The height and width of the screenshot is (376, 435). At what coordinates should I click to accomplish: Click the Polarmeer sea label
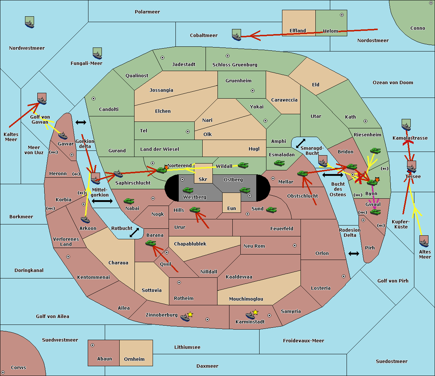coord(147,12)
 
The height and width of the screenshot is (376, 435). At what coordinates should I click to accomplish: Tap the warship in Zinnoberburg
coord(185,318)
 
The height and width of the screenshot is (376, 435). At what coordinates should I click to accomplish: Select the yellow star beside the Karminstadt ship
coord(255,312)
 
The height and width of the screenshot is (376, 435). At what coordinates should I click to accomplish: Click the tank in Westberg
coord(188,190)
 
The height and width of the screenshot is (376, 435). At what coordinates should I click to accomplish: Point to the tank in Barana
coord(150,243)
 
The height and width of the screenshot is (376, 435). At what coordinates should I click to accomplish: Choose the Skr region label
coord(203,179)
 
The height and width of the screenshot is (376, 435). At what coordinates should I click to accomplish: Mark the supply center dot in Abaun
coord(92,345)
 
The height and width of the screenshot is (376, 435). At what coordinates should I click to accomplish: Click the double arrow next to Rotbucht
coord(134,233)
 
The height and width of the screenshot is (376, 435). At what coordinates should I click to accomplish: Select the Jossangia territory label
coord(161,90)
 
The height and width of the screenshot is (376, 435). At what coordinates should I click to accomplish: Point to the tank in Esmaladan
coord(279,163)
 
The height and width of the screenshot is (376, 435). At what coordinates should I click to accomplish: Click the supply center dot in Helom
coord(342,15)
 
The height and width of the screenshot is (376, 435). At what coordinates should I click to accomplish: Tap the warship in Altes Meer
coord(424,241)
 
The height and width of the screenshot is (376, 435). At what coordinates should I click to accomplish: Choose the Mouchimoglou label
coord(246,299)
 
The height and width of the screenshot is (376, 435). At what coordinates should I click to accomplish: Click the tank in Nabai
coord(129,201)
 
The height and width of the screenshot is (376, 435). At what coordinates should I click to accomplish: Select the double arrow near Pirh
coord(354,254)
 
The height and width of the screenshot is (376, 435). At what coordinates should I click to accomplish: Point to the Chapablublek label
coord(190,244)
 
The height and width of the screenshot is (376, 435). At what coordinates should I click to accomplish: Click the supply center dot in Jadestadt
coord(162,58)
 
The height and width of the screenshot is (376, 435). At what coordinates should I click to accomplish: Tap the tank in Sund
coord(271,210)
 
